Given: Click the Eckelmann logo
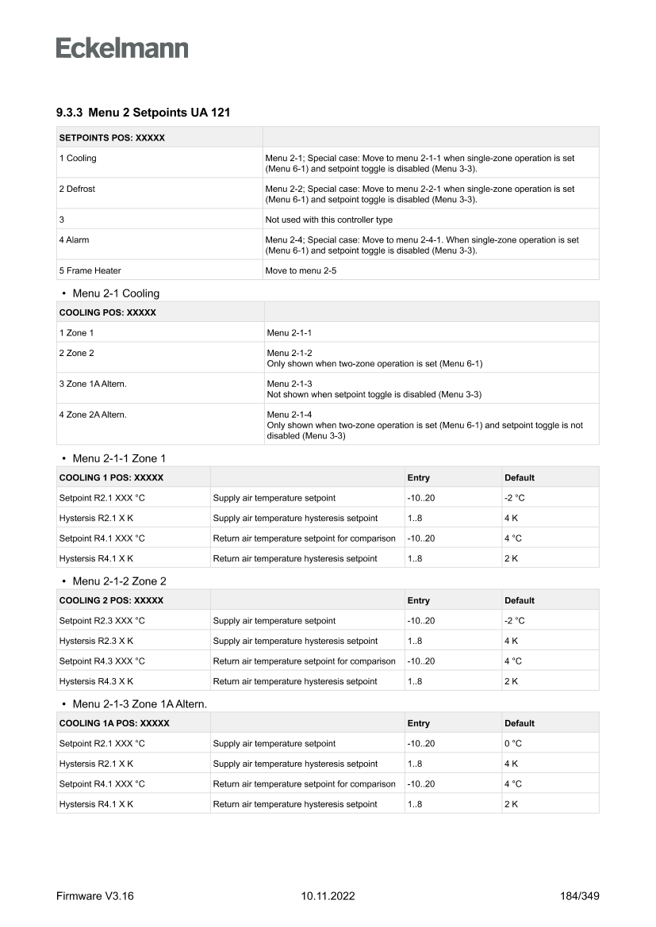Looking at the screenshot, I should [x=122, y=48].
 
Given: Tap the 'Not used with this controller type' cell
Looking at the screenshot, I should [x=328, y=220].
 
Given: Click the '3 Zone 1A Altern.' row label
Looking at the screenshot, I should [x=93, y=384].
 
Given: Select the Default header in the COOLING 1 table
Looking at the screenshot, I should [x=520, y=477].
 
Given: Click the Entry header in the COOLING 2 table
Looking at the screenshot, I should [x=418, y=600].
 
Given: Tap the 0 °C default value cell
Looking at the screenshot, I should [x=512, y=744].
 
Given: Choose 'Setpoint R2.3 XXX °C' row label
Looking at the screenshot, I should [x=102, y=621].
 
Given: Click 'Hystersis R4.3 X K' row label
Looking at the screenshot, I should [x=96, y=681].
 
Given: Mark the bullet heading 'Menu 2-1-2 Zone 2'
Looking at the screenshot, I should [x=119, y=581].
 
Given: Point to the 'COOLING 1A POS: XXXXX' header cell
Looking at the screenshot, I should [x=114, y=723].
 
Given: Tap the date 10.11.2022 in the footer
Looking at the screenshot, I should [x=328, y=896].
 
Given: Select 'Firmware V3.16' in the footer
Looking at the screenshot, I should [x=95, y=896].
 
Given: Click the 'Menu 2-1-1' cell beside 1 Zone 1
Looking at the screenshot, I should [x=290, y=333].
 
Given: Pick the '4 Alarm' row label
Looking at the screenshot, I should [x=74, y=239].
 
